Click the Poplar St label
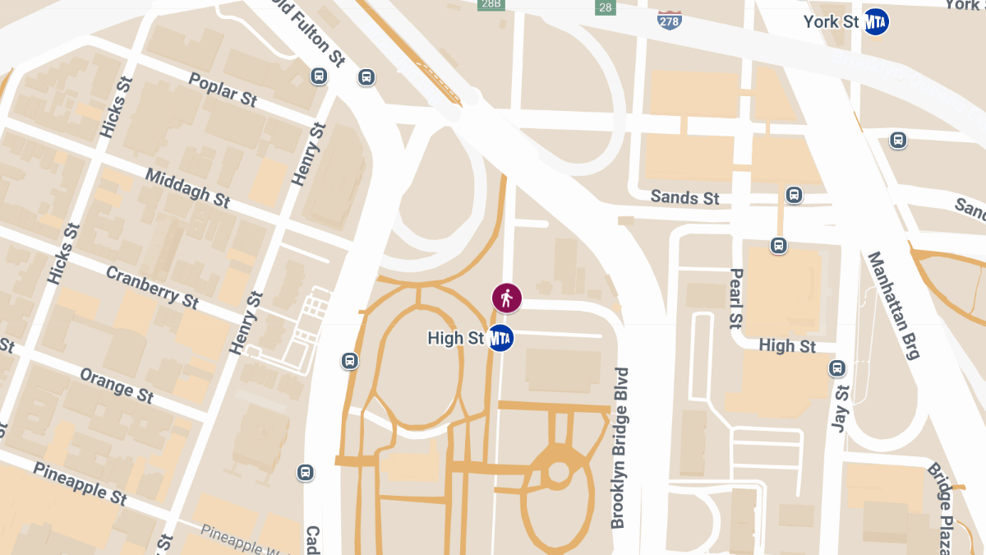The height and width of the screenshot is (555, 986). pos(223,90)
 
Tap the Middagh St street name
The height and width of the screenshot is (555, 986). pos(187,187)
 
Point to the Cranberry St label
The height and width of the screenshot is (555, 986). pos(152,287)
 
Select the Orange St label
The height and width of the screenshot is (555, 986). pos(117,385)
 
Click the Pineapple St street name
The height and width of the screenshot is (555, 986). pos(80,482)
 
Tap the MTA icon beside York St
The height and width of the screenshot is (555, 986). pos(877,22)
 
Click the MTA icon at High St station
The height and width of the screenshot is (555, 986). pos(500,338)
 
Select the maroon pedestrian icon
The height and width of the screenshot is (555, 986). pos(506,298)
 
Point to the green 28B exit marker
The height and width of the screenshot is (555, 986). pos(491,4)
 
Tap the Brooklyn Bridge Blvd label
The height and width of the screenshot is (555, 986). pos(620,447)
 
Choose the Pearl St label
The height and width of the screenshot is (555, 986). pos(735,298)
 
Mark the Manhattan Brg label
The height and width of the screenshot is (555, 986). pos(894,306)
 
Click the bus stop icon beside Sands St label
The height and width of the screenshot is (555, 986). pos(794,195)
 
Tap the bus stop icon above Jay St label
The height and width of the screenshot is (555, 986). pos(837,368)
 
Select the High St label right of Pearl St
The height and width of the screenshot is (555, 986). pos(787,346)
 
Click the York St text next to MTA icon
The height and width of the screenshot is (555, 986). pos(832,22)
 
